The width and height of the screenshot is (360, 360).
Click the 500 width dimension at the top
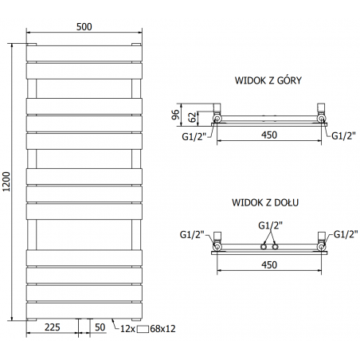84,25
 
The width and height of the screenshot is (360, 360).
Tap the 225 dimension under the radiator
53,327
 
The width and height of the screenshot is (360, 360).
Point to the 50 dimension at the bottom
100,327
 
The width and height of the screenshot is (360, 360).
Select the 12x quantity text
127,327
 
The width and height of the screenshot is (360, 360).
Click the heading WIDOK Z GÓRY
268,80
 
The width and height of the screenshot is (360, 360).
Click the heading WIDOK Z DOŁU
267,204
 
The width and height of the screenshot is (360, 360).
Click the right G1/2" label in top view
343,135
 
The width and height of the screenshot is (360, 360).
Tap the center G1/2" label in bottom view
269,225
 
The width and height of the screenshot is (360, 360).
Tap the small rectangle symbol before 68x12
143,328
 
